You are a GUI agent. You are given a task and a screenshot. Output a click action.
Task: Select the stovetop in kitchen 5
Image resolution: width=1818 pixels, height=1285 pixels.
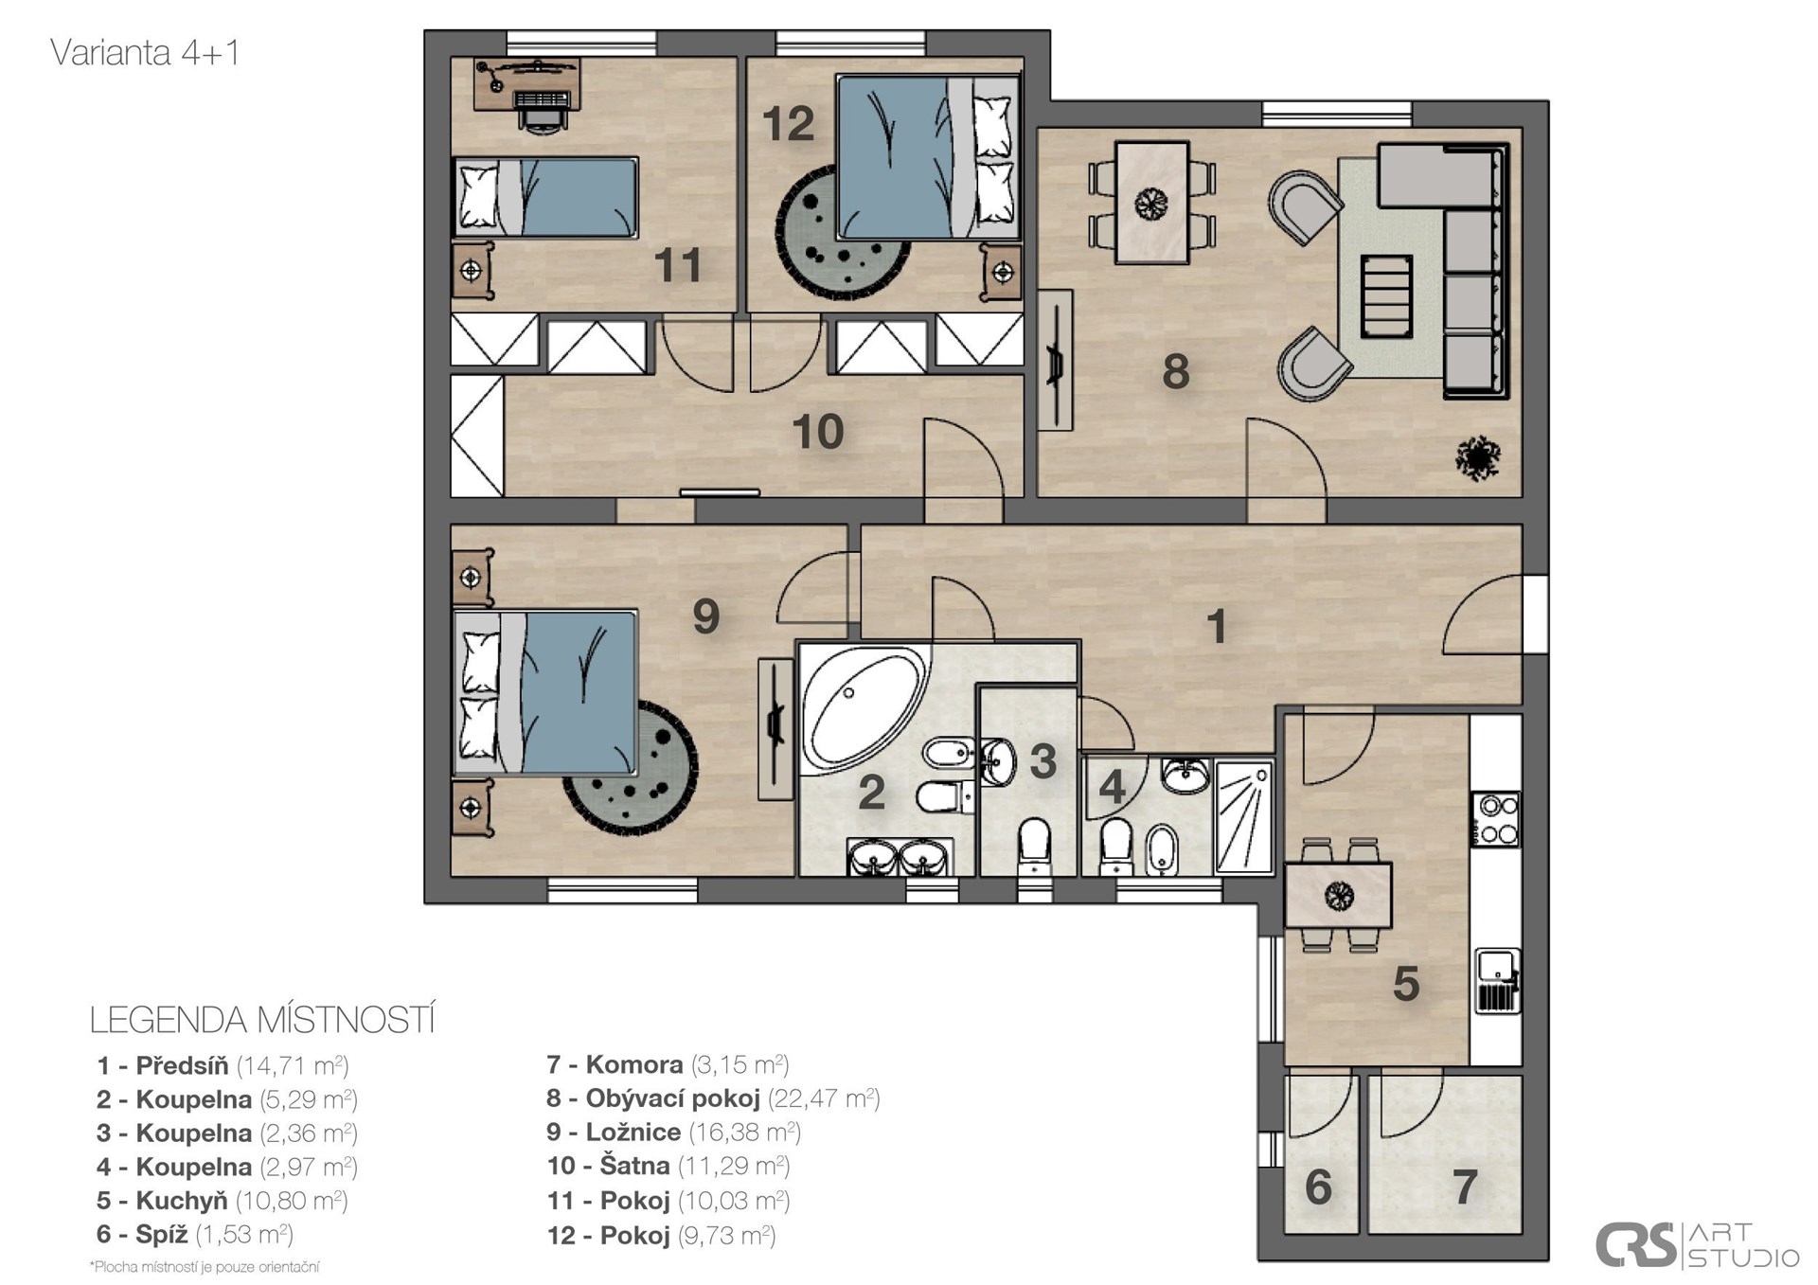[1495, 819]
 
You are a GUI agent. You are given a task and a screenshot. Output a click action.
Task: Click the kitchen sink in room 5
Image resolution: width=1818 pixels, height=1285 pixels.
[1498, 981]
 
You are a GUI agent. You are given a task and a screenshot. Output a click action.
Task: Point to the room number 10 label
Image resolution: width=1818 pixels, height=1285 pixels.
[817, 432]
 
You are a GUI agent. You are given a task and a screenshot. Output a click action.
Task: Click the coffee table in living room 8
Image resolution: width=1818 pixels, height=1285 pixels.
[1386, 296]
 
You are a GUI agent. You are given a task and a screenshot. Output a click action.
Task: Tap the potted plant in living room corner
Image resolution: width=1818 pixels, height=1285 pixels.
[1477, 458]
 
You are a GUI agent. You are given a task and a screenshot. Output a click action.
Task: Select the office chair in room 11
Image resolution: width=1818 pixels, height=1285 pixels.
[542, 108]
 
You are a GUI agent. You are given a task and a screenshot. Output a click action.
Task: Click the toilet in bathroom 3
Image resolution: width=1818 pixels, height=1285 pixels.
[1033, 845]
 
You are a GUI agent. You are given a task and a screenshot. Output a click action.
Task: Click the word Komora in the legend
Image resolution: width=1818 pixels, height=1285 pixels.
[634, 1064]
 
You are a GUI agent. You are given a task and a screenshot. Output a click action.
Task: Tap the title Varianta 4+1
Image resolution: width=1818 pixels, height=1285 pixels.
[145, 53]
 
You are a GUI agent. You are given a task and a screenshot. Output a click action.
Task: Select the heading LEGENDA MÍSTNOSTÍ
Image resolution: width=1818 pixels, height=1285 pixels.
[262, 1020]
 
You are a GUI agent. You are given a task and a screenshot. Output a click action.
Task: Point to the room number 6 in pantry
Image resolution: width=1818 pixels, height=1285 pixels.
[1318, 1187]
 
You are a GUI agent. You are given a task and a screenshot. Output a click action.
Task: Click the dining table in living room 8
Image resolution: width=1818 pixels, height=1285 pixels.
[1152, 203]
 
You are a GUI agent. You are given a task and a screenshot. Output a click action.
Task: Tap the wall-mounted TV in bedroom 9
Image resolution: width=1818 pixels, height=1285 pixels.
[776, 730]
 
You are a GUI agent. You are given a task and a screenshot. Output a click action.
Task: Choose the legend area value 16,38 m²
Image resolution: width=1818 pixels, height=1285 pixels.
[745, 1133]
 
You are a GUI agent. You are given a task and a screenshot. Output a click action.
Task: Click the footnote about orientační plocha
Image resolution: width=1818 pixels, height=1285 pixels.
[205, 1267]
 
